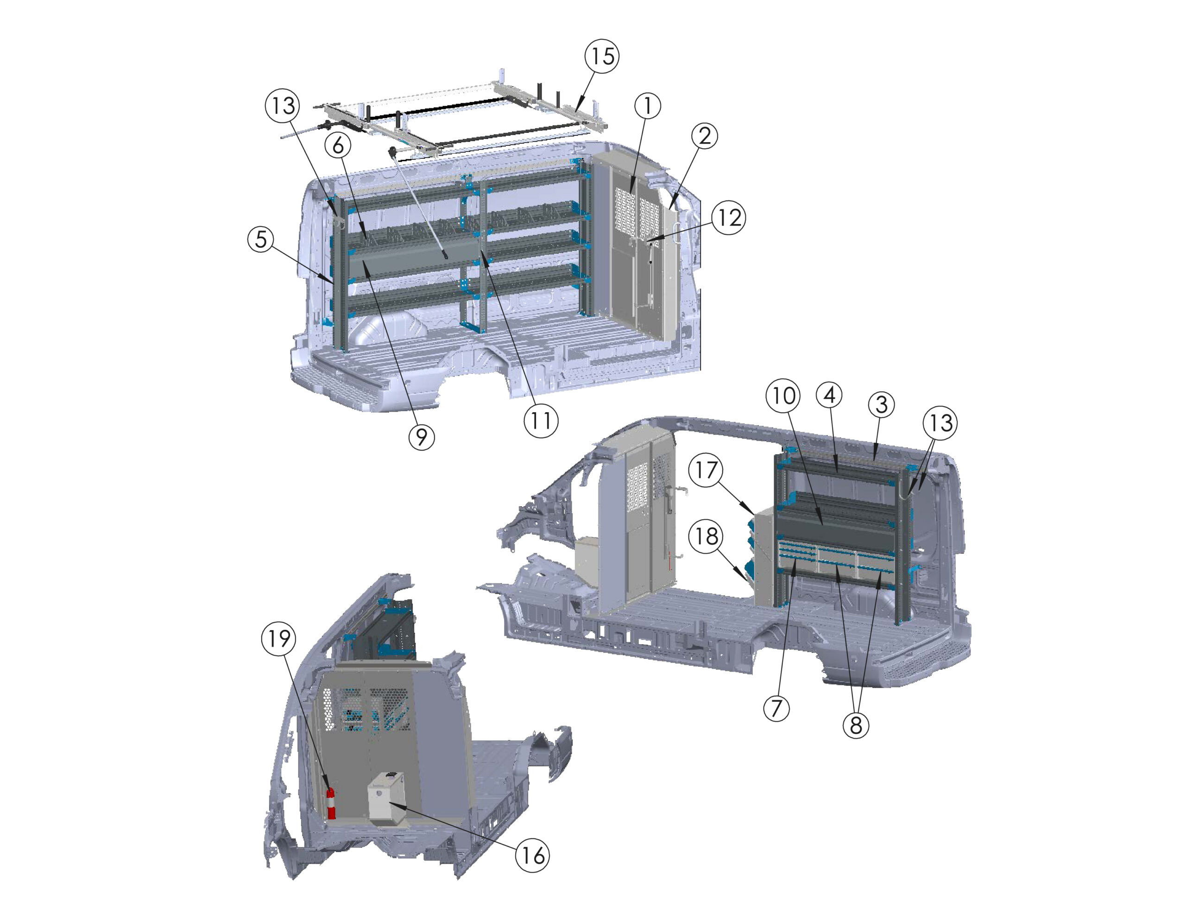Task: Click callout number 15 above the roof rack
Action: (602, 56)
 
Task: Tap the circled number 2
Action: (704, 136)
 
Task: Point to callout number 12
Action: (729, 218)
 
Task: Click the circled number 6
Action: (338, 145)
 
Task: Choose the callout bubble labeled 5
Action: (261, 239)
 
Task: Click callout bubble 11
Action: (541, 420)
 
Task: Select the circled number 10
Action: (783, 396)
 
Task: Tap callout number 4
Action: (829, 396)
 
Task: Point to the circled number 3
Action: (881, 405)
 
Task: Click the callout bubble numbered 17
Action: (706, 470)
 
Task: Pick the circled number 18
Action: (706, 536)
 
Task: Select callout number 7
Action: (776, 708)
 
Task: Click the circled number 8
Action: (856, 725)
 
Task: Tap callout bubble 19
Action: (279, 639)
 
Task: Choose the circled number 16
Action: (532, 855)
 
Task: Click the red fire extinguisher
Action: (331, 803)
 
